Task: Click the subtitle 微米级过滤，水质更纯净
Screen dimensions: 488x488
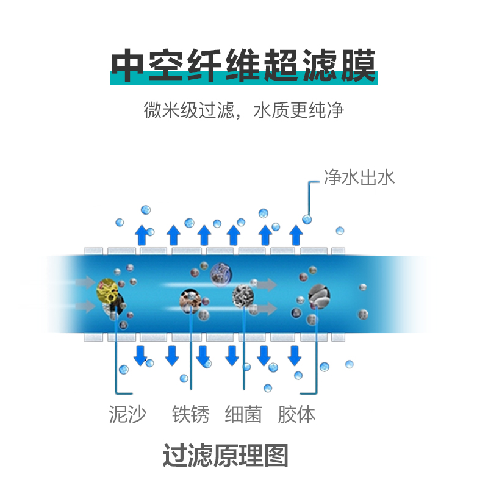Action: point(244,110)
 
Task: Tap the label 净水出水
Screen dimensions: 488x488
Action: point(360,178)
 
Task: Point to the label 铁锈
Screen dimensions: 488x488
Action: point(190,415)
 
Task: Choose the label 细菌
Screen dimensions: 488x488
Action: point(243,415)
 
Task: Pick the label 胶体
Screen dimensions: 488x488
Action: point(297,415)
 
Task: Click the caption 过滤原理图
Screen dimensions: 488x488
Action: point(225,456)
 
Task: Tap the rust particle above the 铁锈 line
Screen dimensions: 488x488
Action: point(190,298)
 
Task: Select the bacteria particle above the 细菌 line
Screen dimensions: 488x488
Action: point(243,295)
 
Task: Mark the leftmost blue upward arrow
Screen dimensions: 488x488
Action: point(141,235)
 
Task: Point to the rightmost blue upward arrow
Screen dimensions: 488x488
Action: point(296,235)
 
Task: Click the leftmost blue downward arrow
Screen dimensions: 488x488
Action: point(141,354)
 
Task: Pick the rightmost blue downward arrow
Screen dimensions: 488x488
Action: point(296,354)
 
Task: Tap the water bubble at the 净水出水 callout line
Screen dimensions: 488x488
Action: point(307,219)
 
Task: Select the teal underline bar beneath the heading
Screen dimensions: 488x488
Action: point(244,79)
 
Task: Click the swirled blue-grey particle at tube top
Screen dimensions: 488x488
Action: point(220,273)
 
